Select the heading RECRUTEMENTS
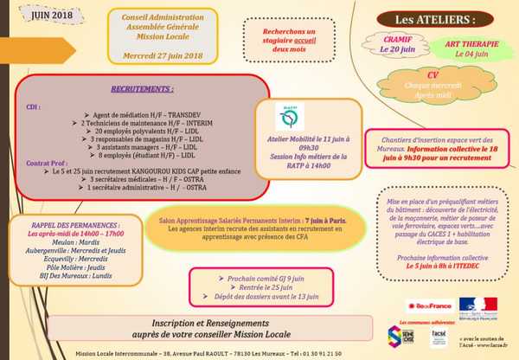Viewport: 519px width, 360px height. [143, 88]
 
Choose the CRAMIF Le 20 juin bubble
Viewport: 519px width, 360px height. [395, 45]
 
